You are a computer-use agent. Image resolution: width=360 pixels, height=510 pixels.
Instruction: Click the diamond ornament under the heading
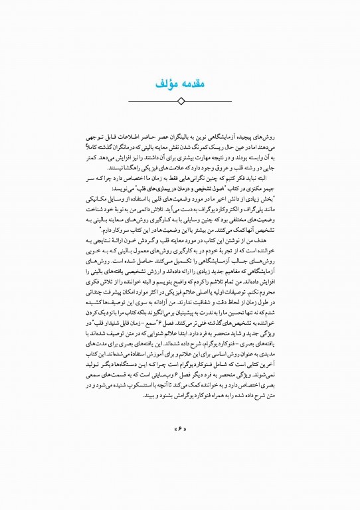[181, 101]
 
